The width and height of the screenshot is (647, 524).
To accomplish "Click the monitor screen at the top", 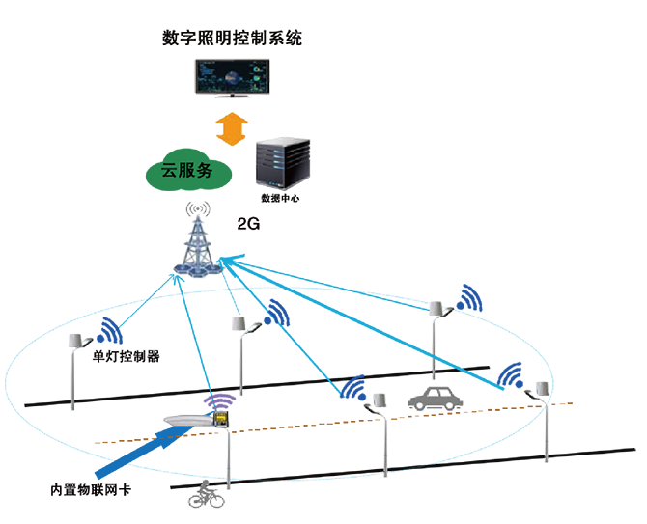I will [232, 75].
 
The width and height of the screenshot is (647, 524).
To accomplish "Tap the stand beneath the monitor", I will [232, 99].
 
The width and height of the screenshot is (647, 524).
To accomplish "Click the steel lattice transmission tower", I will [200, 236].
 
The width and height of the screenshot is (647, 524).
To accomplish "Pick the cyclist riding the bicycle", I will [207, 493].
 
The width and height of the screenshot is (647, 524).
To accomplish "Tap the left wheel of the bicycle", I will [195, 501].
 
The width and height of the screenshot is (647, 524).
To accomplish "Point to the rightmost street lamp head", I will [537, 388].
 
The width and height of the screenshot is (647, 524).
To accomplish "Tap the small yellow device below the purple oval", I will [220, 419].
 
